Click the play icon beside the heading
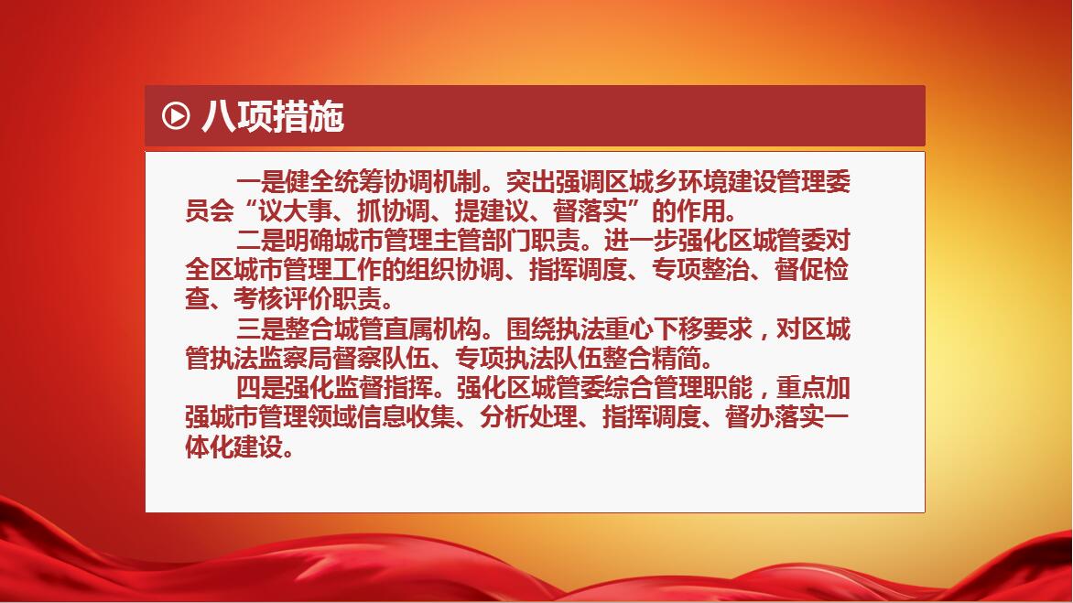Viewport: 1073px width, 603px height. pyautogui.click(x=176, y=115)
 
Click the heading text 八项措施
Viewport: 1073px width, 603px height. pyautogui.click(x=272, y=116)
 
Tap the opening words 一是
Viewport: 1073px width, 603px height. pyautogui.click(x=261, y=182)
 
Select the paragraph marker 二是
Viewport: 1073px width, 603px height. pyautogui.click(x=261, y=241)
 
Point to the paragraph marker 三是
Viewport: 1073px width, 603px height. pyautogui.click(x=261, y=329)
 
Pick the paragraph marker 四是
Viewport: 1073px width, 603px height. pyautogui.click(x=261, y=388)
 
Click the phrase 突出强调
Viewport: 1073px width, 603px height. pyautogui.click(x=556, y=182)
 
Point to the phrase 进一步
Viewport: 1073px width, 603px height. pyautogui.click(x=641, y=241)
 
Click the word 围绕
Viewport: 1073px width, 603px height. pyautogui.click(x=531, y=329)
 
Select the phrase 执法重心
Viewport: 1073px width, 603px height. pyautogui.click(x=604, y=329)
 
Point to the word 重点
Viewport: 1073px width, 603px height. pyautogui.click(x=801, y=388)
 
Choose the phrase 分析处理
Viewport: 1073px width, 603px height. pyautogui.click(x=529, y=417)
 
